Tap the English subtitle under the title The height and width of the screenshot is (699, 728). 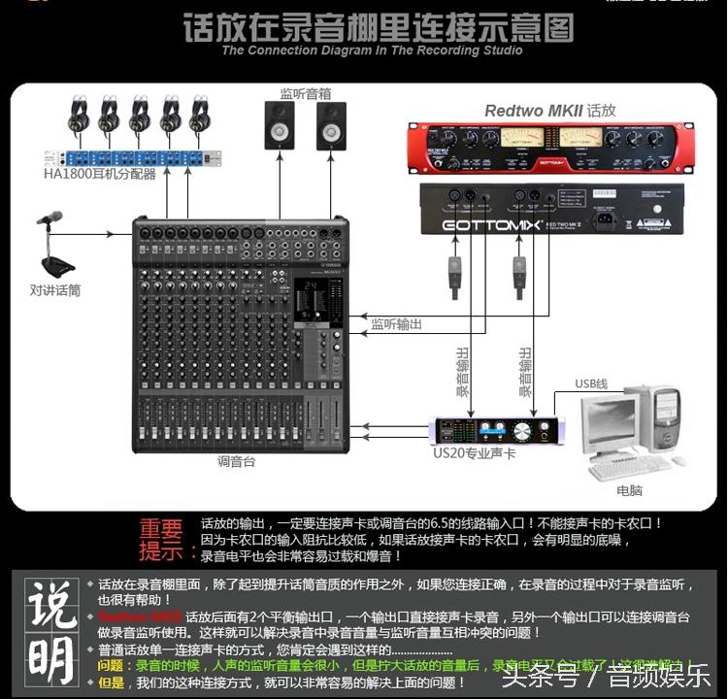(372, 50)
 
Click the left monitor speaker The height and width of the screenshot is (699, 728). (280, 126)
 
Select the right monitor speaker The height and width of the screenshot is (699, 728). (331, 126)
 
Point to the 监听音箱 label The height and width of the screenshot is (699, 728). (305, 94)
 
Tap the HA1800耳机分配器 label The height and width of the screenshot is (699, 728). (99, 175)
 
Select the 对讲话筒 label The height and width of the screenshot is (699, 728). (54, 289)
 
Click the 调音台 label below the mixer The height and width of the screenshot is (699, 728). (236, 461)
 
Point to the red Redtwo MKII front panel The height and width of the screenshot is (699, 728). (550, 147)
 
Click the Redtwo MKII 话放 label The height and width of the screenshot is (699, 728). (550, 111)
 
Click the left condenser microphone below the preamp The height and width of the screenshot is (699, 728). (454, 275)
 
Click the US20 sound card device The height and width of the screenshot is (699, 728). (496, 430)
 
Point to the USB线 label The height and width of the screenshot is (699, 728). (590, 384)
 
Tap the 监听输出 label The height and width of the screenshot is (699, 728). (397, 323)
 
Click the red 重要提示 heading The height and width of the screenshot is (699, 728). (160, 540)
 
